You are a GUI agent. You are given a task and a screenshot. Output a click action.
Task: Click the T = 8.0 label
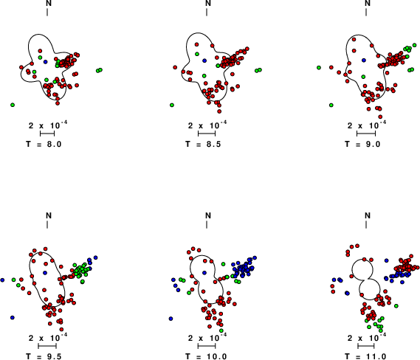coord(44,144)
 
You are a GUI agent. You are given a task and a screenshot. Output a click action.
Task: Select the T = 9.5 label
coord(44,356)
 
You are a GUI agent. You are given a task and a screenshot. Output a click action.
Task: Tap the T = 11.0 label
coord(365,356)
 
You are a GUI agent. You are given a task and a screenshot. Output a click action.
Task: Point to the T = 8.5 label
coord(203,144)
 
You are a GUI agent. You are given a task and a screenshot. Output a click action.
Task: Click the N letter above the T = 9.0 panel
coord(368,3)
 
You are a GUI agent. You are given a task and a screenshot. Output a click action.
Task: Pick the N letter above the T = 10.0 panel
coord(208,215)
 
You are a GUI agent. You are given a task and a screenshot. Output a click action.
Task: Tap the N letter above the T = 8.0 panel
coord(49,3)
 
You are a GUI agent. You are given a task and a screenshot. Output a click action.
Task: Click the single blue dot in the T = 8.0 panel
coord(45,62)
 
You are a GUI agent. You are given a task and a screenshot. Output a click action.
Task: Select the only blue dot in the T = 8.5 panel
coord(204,60)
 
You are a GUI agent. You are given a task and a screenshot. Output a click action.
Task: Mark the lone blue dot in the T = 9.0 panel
coord(363,60)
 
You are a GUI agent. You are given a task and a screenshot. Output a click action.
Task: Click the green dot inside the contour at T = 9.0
coord(363,77)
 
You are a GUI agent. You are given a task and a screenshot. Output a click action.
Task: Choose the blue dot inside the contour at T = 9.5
coord(45,272)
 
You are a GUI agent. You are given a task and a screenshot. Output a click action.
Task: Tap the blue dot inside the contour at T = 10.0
coord(204,272)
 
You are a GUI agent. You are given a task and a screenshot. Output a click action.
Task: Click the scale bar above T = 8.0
coord(47,134)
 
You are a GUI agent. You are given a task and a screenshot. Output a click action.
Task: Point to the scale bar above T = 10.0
coord(207,346)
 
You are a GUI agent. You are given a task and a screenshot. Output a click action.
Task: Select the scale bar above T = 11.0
coord(366,346)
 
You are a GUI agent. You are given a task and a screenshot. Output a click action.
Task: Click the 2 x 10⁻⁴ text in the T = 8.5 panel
coord(207,125)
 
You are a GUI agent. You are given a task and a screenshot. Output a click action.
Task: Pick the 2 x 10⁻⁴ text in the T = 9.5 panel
coord(48,338)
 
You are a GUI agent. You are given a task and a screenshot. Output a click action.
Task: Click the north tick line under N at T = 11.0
coord(366,224)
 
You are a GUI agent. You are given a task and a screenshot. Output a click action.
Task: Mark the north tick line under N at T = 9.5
coord(47,224)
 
